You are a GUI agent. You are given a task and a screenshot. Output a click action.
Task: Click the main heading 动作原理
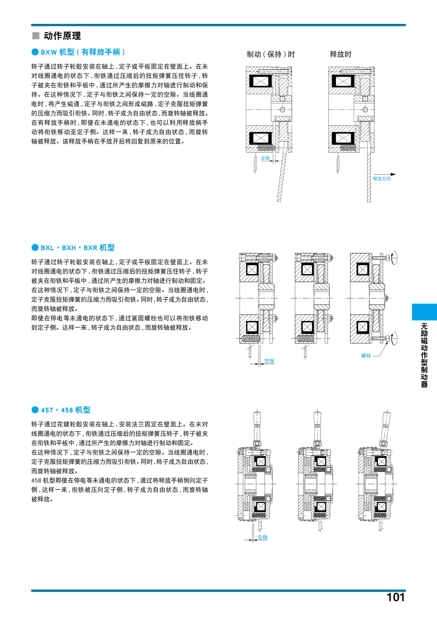pos(62,36)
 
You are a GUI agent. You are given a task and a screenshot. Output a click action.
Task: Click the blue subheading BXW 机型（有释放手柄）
pos(83,52)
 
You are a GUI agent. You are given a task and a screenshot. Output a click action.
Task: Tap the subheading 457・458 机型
pos(65,410)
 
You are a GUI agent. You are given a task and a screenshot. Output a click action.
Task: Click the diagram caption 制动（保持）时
pos(270,54)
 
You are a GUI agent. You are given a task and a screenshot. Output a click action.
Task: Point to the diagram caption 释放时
pos(340,54)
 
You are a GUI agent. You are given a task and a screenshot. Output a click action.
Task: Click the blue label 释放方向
pos(381,179)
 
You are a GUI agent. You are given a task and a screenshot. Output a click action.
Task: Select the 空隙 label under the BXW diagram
pos(265,158)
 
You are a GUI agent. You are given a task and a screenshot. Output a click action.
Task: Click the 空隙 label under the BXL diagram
pos(269,361)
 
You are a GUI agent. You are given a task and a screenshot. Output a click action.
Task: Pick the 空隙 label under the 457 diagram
pos(262,538)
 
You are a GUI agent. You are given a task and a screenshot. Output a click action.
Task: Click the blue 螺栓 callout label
pos(366,356)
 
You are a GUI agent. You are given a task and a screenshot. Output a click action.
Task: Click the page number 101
pos(395,597)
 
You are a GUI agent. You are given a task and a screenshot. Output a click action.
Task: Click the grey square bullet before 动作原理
pos(36,36)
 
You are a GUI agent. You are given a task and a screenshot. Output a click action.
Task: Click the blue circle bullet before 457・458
pos(35,410)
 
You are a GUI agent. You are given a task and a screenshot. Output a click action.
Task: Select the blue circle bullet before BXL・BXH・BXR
pos(35,248)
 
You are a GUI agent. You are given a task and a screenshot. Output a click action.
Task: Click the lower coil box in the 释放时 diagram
pos(343,138)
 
